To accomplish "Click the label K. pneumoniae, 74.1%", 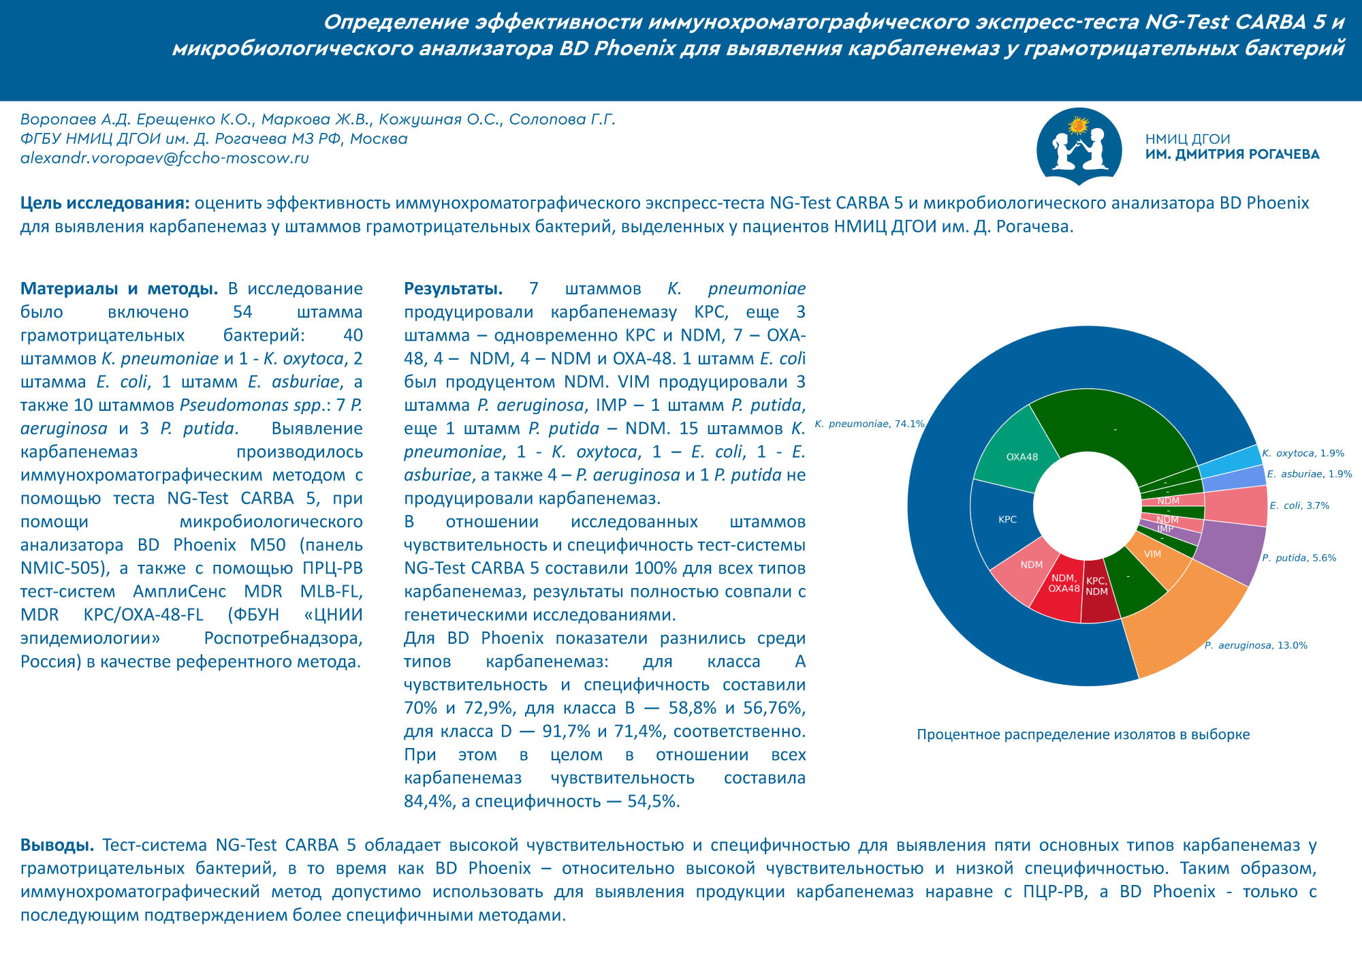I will pos(869,424).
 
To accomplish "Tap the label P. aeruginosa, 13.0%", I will pos(1256,645).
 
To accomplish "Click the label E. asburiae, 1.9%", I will pos(1309,474).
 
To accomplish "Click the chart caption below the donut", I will pos(1083,734).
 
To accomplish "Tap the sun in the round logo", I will pos(1078,125).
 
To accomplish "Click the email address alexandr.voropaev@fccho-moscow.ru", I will pos(165,158).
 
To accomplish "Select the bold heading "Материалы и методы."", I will pos(119,288).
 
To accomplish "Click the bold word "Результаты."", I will pos(453,288).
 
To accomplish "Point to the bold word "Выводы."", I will pos(57,845).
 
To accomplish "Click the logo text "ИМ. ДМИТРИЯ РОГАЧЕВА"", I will pos(1232,155).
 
